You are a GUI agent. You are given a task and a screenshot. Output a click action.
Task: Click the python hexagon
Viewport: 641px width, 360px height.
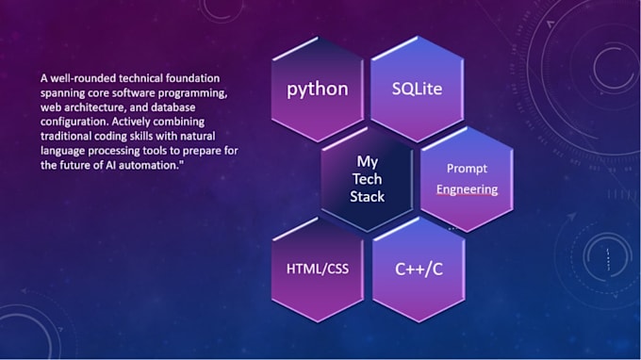[x=318, y=90]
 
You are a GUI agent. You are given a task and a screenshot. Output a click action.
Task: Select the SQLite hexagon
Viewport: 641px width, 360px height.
[x=418, y=90]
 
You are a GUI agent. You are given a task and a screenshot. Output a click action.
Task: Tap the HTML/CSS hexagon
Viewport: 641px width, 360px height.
[x=318, y=270]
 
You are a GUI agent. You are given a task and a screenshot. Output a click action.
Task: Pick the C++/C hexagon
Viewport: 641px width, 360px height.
[x=419, y=270]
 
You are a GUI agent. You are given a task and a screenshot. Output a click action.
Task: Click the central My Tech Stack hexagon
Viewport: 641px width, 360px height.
[x=367, y=179]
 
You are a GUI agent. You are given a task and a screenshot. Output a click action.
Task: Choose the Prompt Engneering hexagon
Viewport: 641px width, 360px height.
[x=467, y=179]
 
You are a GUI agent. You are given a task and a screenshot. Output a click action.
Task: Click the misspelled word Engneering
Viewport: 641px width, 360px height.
[x=467, y=189]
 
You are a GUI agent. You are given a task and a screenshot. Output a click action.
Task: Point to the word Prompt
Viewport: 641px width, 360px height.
[x=467, y=169]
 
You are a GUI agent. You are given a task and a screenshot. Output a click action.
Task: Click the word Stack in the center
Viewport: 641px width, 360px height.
[x=367, y=197]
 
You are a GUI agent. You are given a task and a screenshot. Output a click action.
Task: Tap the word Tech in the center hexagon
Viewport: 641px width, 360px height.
[x=367, y=179]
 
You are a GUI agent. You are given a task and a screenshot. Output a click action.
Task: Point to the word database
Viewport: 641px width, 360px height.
[x=173, y=107]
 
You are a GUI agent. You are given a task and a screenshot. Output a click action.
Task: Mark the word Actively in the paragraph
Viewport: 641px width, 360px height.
[x=131, y=122]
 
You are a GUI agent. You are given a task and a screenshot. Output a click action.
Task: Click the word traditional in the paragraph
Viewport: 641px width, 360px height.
[x=66, y=136]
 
